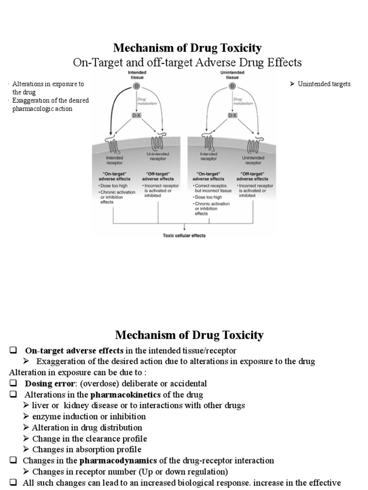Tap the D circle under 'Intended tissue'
click(136, 87)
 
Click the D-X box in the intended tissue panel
click(136, 116)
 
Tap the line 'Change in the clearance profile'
click(90, 439)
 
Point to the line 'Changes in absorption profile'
click(87, 450)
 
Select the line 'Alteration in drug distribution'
click(87, 428)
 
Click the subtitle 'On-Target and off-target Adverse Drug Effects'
click(187, 63)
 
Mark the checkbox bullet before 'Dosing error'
click(13, 384)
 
